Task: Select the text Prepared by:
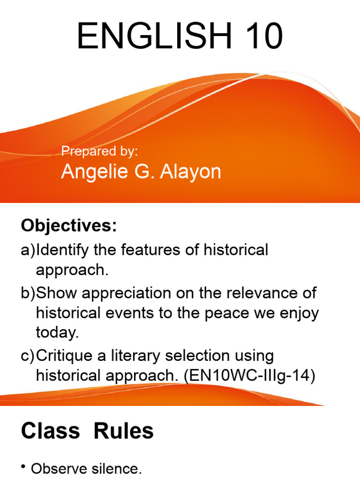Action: click(100, 151)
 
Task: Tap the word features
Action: click(148, 250)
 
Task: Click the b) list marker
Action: click(28, 293)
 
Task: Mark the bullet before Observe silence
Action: click(23, 467)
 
